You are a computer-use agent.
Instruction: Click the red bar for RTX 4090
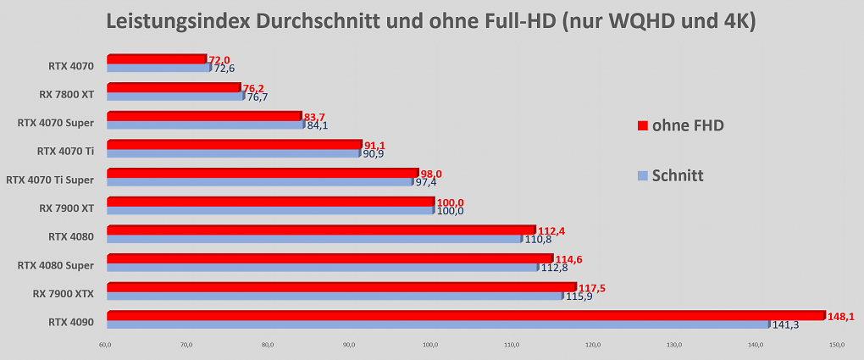pos(466,315)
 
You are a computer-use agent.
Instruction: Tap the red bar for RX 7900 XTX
pos(341,286)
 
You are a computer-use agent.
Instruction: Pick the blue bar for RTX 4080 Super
pos(323,268)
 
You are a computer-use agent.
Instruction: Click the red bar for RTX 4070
pos(157,59)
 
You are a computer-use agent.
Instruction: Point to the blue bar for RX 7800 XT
pos(175,96)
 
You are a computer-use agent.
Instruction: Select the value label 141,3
pos(785,326)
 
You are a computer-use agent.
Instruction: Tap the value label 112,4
pos(551,231)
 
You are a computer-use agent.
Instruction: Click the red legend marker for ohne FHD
pos(641,126)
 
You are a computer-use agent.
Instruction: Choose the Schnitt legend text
pos(678,176)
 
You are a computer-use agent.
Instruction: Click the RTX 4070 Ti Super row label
pos(50,180)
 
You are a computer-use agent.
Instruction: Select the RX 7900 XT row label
pos(66,208)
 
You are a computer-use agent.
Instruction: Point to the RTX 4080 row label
pos(71,237)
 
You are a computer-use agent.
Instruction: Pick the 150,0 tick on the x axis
pos(836,346)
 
